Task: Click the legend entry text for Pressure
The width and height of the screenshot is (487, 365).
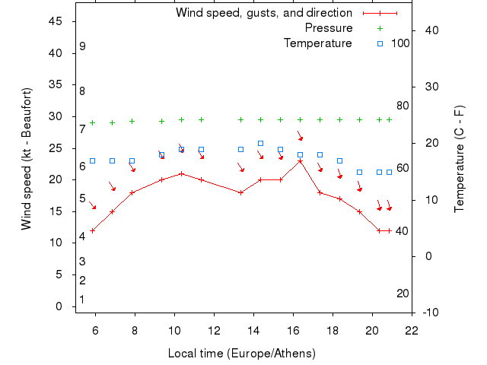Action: point(329,28)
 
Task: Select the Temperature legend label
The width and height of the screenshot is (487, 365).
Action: point(318,43)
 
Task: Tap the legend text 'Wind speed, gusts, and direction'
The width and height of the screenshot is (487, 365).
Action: point(264,13)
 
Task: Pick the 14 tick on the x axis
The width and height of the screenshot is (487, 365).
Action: point(253,330)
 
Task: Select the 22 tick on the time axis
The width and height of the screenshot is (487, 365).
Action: point(412,330)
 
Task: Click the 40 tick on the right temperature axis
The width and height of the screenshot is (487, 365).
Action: point(428,30)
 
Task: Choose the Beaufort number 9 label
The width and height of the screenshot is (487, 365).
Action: point(82,46)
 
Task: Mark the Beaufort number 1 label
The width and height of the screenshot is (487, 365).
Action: point(82,300)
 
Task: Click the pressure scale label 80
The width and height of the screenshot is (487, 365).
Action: point(403,106)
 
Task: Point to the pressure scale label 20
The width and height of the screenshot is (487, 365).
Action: point(403,294)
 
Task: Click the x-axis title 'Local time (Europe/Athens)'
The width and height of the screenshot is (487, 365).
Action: point(242,354)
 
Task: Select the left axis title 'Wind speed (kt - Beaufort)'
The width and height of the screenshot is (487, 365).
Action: point(26,159)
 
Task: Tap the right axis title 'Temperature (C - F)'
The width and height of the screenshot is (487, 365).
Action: point(459,160)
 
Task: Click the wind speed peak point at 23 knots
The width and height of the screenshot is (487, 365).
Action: point(300,160)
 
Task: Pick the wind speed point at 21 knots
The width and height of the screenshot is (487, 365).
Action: point(181,173)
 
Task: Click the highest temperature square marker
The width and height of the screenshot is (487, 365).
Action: point(260,143)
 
